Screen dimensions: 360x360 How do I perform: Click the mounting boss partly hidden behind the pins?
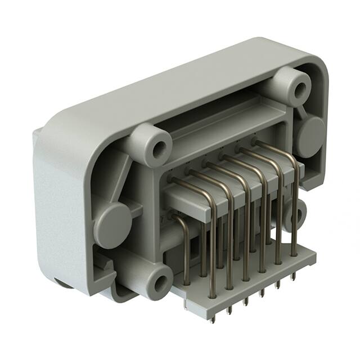point(296,214)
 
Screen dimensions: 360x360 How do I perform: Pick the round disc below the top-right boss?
point(310,137)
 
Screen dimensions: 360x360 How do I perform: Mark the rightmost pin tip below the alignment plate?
point(295,276)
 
